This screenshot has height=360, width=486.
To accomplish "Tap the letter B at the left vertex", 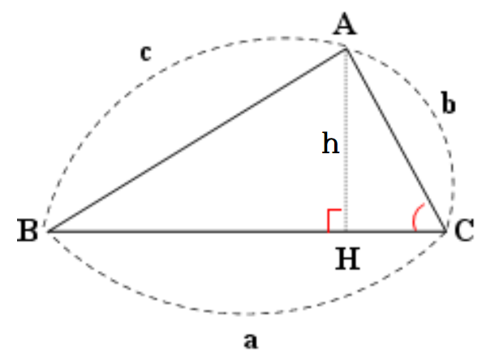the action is click(28, 230).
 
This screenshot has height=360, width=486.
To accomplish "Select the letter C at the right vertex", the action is click(464, 230).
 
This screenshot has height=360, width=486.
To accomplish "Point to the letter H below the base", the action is click(348, 259).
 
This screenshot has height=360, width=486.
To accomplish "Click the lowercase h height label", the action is click(331, 143).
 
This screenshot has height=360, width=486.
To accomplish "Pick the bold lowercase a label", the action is click(251, 341).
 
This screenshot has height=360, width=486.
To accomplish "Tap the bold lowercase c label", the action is click(146, 53).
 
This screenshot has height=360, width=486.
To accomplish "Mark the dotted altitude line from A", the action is click(346, 139).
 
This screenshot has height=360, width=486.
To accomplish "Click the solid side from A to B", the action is click(197, 140).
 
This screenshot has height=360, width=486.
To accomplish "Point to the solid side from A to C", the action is click(395, 139).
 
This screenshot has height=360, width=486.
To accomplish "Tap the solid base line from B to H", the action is click(197, 231).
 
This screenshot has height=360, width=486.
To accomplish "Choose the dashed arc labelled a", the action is click(248, 314).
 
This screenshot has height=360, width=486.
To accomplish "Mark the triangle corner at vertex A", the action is click(346, 49).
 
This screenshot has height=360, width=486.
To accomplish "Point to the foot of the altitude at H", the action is click(346, 231).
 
